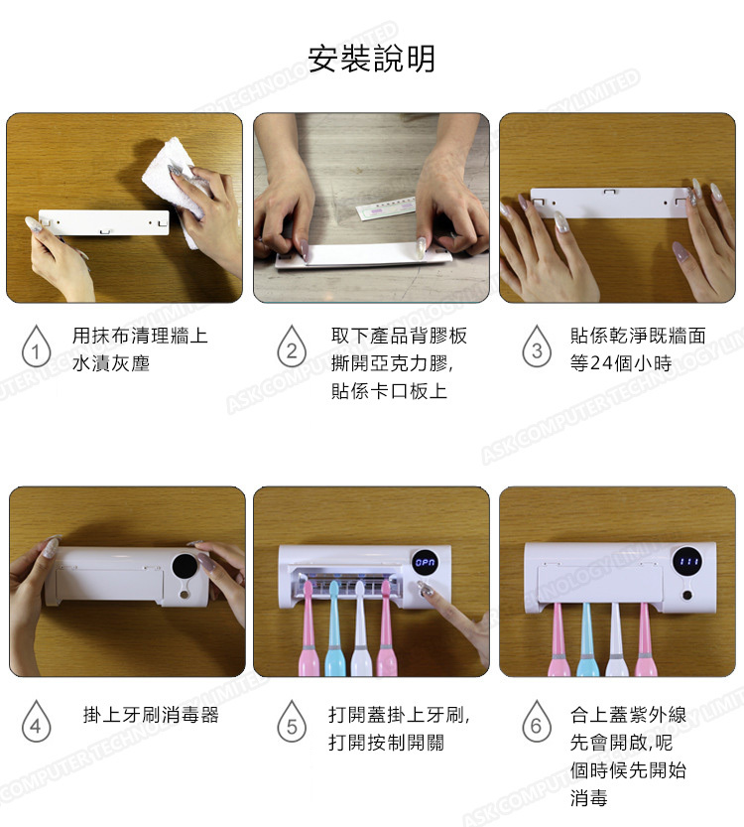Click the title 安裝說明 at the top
[371, 58]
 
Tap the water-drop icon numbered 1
[36, 345]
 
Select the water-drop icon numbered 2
[292, 345]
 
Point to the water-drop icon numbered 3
[537, 345]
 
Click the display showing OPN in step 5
[425, 563]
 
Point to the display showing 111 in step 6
[687, 561]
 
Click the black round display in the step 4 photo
[185, 567]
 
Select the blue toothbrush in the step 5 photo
[334, 628]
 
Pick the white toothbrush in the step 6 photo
[616, 639]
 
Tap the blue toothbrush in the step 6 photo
[587, 639]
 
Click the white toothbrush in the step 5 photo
[361, 628]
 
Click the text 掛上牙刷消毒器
[151, 715]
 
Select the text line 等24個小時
[621, 363]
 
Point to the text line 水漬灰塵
[111, 363]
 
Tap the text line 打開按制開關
[386, 743]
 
